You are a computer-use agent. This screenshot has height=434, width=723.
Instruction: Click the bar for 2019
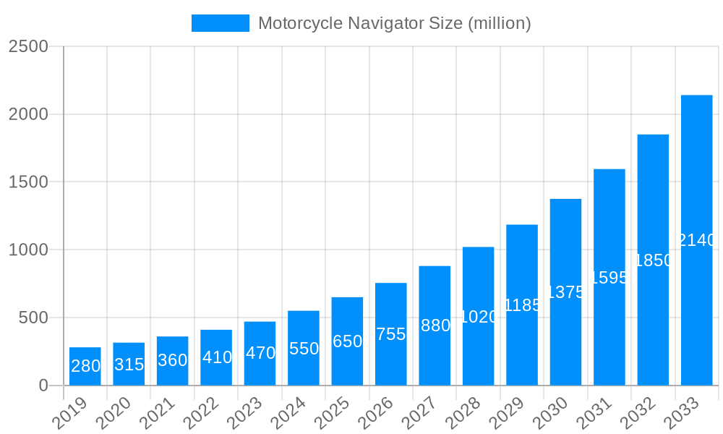(85, 367)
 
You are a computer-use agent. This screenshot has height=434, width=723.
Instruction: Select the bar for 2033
(696, 240)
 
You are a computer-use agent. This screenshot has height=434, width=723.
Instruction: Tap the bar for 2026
(391, 334)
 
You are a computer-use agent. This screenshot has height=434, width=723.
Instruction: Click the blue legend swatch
(220, 23)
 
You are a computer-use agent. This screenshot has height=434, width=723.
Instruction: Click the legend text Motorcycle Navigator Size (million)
(394, 23)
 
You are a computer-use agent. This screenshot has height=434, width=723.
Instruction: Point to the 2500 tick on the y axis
(28, 46)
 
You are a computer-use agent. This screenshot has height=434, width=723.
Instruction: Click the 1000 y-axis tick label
(28, 250)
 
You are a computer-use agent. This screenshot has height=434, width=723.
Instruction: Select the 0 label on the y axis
(43, 386)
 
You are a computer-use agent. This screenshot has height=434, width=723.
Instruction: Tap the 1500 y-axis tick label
(28, 182)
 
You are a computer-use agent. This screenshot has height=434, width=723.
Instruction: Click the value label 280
(85, 366)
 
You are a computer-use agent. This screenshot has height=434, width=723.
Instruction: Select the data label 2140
(696, 240)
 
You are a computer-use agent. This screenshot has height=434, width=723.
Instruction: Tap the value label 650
(347, 341)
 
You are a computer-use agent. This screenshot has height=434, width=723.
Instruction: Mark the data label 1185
(522, 305)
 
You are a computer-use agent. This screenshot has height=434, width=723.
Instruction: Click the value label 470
(260, 353)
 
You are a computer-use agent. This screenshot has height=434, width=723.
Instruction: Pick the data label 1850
(653, 260)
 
